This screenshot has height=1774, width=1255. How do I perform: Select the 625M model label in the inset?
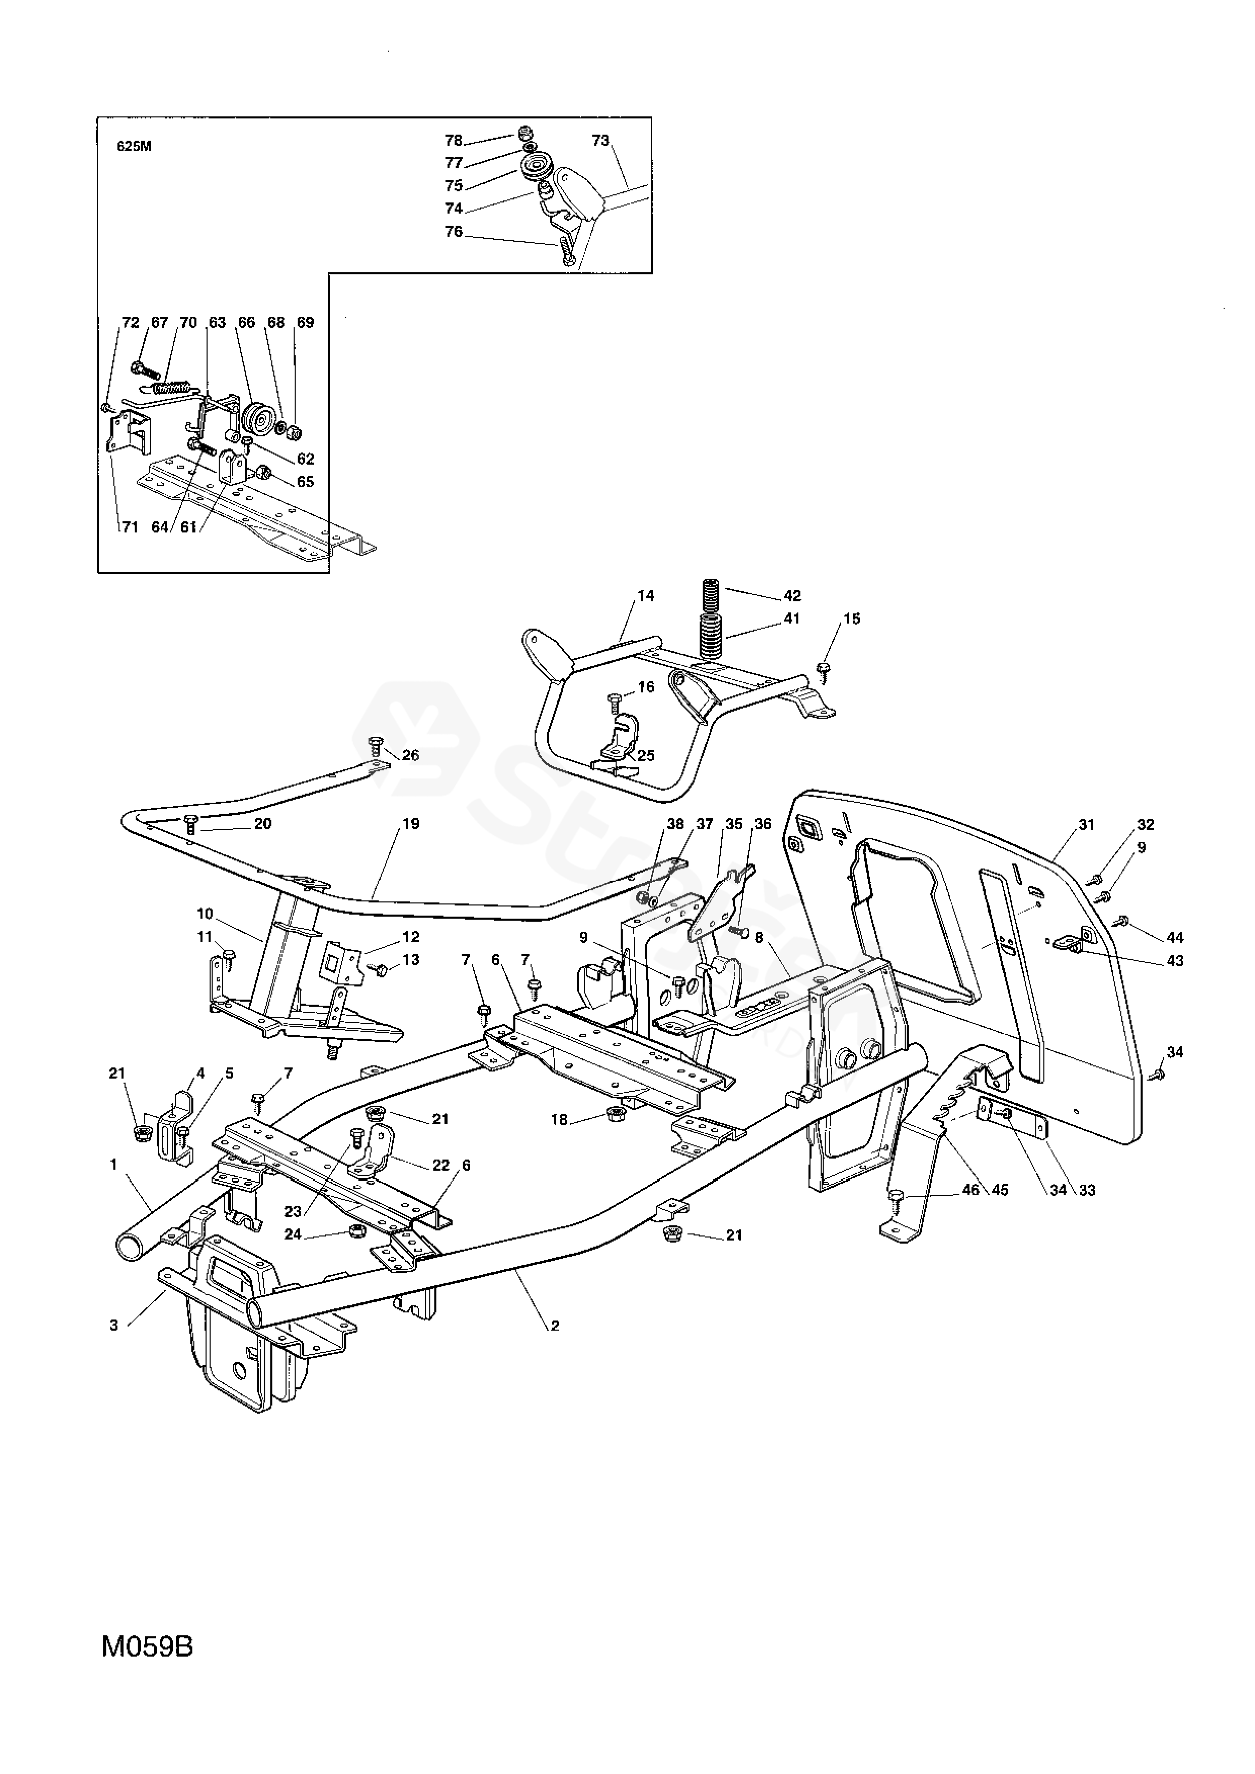pyautogui.click(x=134, y=147)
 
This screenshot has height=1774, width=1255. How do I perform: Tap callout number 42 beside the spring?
pyautogui.click(x=792, y=596)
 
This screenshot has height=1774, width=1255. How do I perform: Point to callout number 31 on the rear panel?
pyautogui.click(x=1086, y=825)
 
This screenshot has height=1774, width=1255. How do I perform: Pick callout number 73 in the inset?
pyautogui.click(x=600, y=141)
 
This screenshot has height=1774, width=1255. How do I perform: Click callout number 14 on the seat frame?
pyautogui.click(x=645, y=596)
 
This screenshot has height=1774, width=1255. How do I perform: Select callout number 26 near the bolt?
pyautogui.click(x=411, y=755)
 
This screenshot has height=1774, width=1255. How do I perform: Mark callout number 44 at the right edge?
pyautogui.click(x=1175, y=937)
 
